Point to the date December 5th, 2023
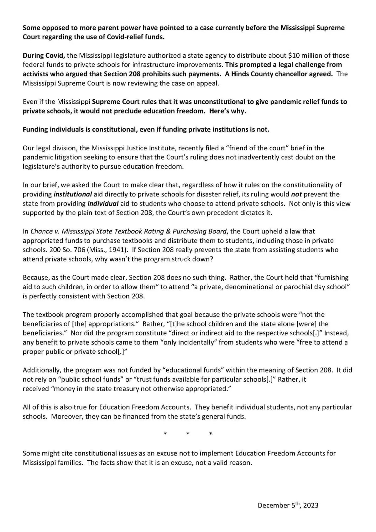tap(288, 505)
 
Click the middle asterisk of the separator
tap(188, 434)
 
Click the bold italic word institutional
tap(73, 194)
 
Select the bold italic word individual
tap(103, 203)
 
